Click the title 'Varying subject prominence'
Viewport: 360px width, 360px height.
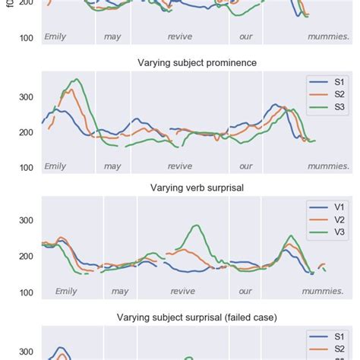tap(196, 62)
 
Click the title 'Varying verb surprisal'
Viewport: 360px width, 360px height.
tap(196, 188)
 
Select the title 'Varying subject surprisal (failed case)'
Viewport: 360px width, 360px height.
tap(196, 317)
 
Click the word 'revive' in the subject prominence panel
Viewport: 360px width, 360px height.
tap(180, 166)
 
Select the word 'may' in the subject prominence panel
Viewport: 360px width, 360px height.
tap(112, 166)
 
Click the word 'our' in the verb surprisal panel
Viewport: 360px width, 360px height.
tap(245, 291)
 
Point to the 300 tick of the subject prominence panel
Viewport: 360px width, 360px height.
tap(27, 97)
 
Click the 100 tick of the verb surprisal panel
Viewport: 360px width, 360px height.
tap(27, 292)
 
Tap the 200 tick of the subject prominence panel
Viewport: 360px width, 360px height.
tap(27, 132)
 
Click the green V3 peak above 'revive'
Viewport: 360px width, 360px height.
tap(197, 226)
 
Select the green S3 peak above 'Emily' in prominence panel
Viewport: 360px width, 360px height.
tap(75, 79)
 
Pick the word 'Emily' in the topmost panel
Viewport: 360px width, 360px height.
tap(55, 36)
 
